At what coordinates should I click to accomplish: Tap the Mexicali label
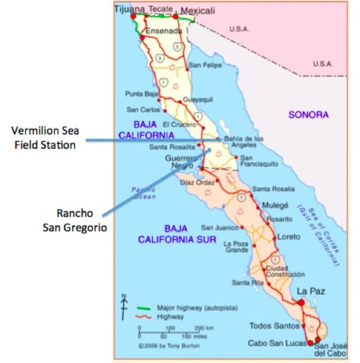198,12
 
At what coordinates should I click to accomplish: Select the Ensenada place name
161,32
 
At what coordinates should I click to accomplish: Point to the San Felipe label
203,66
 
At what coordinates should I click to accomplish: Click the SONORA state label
308,115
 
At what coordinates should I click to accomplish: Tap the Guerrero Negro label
181,163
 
